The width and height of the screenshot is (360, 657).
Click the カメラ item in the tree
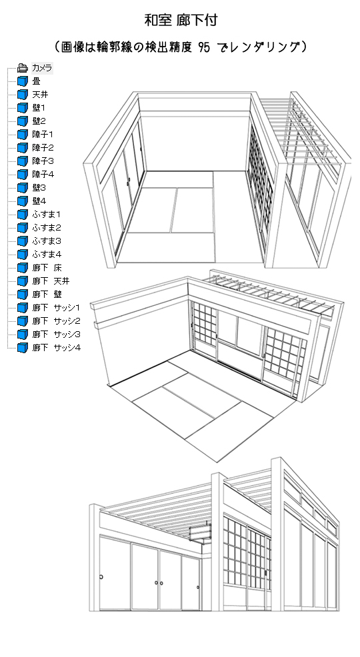(42, 68)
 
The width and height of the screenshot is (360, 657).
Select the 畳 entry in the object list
(37, 81)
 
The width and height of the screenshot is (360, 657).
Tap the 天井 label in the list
(40, 95)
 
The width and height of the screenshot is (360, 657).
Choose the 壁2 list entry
(39, 121)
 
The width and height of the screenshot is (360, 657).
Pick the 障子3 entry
(43, 161)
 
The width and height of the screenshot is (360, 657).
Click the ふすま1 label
(47, 215)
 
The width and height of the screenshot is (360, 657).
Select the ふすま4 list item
(47, 255)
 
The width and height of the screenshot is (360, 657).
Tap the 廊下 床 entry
(47, 268)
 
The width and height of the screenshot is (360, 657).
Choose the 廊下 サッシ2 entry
(56, 321)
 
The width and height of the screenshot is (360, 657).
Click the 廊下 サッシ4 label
(57, 347)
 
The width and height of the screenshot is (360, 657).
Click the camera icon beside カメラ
(22, 68)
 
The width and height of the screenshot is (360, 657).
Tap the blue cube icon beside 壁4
(22, 201)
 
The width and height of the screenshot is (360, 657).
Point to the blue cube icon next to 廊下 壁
(22, 295)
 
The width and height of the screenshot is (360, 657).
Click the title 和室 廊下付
(181, 20)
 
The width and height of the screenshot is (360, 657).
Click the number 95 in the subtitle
(204, 47)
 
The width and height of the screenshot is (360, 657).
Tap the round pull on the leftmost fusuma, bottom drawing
(101, 577)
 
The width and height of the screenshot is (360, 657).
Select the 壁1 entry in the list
(39, 108)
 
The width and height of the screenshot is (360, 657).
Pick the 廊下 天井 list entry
(51, 281)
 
